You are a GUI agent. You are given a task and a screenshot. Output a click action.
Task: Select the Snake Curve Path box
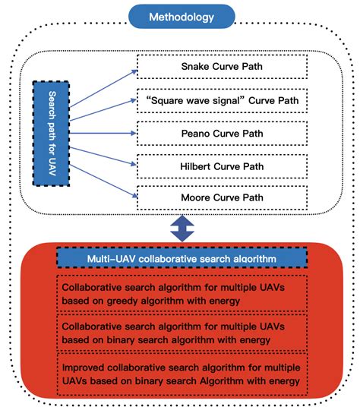222,68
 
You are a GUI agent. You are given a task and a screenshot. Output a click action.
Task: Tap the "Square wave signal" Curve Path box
222,99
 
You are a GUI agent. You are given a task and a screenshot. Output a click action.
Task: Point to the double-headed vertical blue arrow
180,228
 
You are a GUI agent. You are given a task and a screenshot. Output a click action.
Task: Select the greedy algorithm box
182,294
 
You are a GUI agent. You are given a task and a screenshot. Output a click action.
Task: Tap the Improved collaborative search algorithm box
182,374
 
